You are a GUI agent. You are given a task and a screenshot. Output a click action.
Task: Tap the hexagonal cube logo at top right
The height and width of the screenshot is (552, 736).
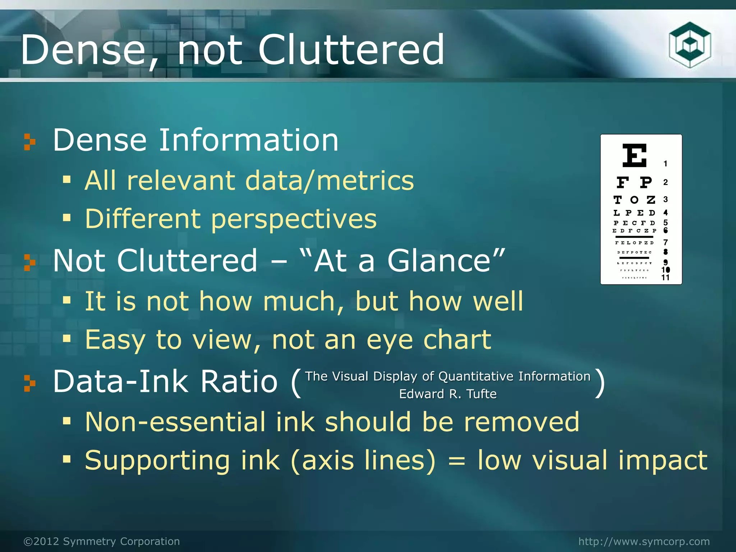(x=690, y=45)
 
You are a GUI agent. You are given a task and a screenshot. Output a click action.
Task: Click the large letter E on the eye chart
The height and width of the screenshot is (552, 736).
(x=634, y=155)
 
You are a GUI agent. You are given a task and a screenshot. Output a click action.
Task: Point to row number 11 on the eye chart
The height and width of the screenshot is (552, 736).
(x=665, y=277)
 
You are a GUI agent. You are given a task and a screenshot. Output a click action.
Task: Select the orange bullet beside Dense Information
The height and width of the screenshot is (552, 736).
(x=30, y=142)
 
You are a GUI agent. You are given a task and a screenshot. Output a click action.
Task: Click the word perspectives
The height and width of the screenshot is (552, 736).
(x=294, y=219)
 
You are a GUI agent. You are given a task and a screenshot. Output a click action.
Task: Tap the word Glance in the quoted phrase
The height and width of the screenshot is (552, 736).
(x=438, y=261)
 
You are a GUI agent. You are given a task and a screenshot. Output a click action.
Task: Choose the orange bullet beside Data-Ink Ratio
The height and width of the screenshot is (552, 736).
(x=30, y=383)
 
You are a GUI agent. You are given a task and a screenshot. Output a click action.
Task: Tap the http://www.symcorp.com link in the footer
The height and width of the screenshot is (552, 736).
(x=644, y=541)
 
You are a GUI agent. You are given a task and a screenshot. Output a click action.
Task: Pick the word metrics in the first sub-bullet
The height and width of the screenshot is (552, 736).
(x=365, y=180)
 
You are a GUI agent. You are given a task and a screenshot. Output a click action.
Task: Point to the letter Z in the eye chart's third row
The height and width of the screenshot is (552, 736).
(x=651, y=200)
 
